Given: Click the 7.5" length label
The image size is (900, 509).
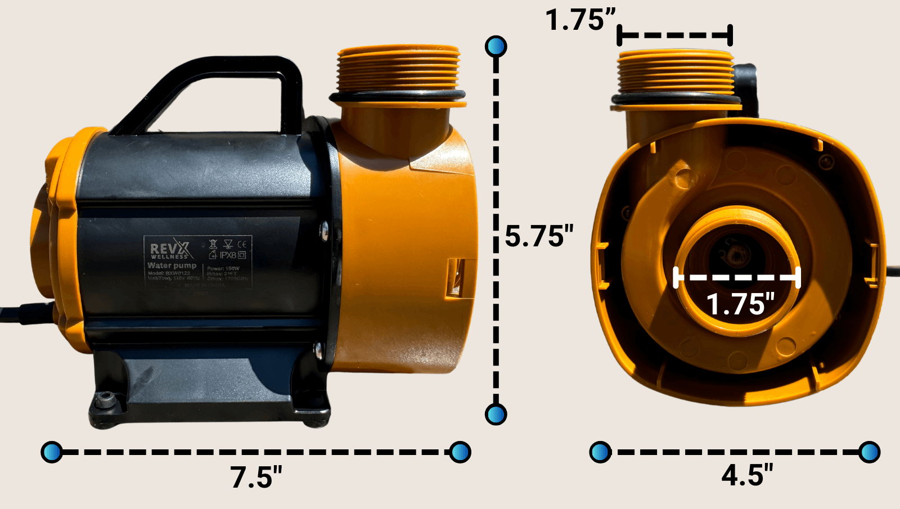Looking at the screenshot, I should [256, 478].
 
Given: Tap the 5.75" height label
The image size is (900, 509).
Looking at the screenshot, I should [539, 236].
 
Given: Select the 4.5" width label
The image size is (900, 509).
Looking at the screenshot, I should [747, 476].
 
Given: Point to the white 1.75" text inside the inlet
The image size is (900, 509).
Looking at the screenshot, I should [740, 304].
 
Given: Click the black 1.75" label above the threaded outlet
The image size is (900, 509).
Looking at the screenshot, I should [580, 20].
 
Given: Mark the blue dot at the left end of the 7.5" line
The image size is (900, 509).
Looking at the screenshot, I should [52, 452].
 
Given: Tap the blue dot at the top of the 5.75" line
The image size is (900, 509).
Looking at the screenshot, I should [496, 47].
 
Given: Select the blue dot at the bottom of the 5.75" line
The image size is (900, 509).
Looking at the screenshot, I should [496, 415].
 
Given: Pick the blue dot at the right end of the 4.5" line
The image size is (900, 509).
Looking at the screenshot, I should [869, 452].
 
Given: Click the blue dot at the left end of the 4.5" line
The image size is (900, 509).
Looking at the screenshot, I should [600, 452].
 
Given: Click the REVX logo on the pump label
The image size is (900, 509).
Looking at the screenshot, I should [171, 249].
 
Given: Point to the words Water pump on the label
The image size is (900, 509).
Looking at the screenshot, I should [172, 265].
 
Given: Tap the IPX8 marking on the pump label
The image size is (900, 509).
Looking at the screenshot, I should [228, 255].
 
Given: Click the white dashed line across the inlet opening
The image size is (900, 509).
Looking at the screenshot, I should [737, 277].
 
